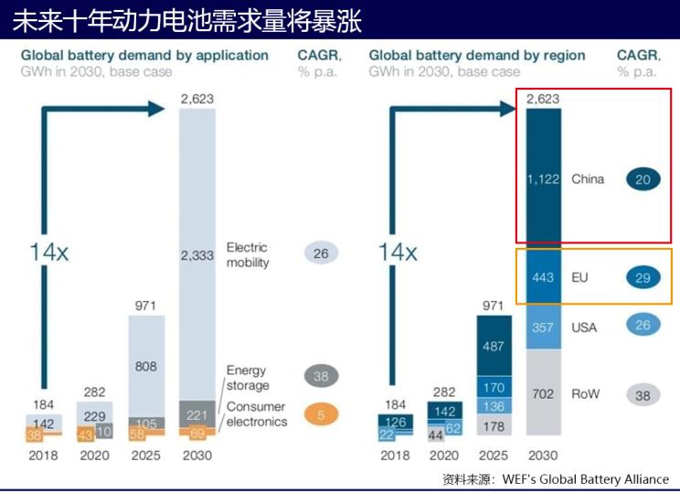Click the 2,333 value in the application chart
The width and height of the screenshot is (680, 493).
(x=197, y=255)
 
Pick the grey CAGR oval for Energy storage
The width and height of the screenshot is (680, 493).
(x=321, y=375)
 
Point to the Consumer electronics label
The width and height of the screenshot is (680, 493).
(x=257, y=414)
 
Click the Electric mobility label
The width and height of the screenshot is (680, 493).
(x=248, y=255)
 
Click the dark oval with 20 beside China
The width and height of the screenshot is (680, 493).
(x=643, y=180)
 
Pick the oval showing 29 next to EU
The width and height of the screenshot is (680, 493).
(x=643, y=276)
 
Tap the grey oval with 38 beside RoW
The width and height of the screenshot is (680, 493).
(x=643, y=394)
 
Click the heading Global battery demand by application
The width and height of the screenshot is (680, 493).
(x=144, y=55)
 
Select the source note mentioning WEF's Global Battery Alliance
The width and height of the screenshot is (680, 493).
(x=556, y=478)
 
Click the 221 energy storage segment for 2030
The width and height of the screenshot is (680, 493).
(x=197, y=414)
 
